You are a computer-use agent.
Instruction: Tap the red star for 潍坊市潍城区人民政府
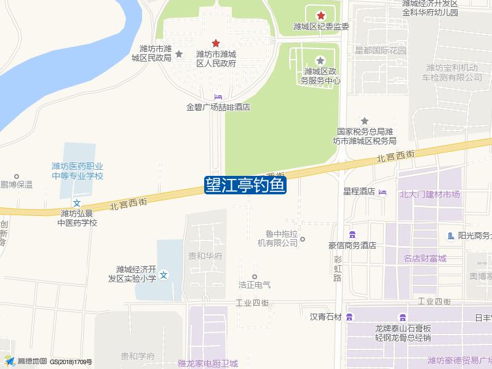[216, 43]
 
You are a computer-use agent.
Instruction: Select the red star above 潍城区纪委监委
[320, 15]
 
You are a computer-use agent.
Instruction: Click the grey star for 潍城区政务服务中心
[320, 60]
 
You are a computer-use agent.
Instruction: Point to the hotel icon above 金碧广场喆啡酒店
[218, 97]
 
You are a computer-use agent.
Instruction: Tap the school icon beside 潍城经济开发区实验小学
[164, 275]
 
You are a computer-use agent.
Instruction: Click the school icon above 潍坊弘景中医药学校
[77, 203]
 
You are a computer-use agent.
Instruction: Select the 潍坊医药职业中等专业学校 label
[77, 171]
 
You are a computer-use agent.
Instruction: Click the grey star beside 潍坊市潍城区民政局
[179, 54]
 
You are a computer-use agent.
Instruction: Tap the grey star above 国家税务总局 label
[365, 121]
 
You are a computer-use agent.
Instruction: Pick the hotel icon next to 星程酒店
[383, 192]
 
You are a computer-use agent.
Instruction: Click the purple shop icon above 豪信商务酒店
[352, 235]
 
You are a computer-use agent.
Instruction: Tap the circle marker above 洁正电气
[255, 277]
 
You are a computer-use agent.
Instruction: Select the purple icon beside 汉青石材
[349, 317]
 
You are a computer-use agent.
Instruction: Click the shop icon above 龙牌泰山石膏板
[403, 317]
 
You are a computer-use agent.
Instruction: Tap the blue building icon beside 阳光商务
[451, 236]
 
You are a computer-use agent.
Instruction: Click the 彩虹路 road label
[337, 269]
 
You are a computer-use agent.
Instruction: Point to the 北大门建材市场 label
[429, 194]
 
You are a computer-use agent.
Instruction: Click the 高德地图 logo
[25, 361]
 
